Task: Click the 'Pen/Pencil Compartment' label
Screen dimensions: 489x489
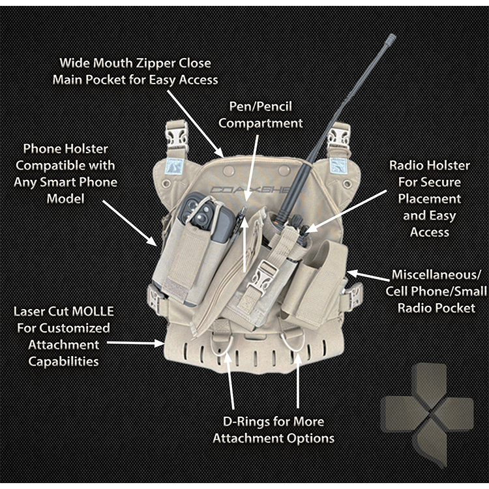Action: click(x=260, y=114)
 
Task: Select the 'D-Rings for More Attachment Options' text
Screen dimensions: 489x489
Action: click(x=273, y=430)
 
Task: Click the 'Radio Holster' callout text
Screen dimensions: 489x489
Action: click(x=429, y=198)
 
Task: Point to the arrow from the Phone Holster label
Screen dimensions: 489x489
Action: click(x=130, y=222)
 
